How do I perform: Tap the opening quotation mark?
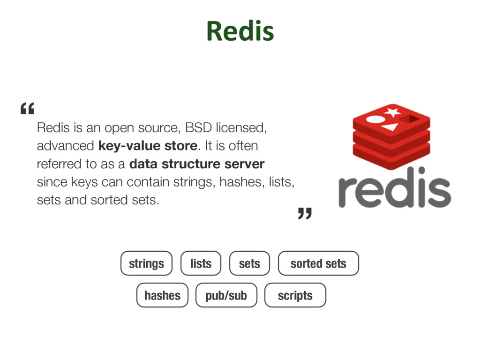point(28,110)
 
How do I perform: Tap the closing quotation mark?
point(305,214)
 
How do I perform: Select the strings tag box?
point(146,263)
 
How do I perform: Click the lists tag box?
point(201,263)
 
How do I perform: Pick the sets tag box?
point(249,263)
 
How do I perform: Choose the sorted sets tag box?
point(318,263)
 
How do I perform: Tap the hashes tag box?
point(162,295)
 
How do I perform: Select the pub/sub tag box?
point(226,295)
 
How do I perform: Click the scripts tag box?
point(295,295)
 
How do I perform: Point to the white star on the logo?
point(392,112)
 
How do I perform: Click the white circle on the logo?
point(375,119)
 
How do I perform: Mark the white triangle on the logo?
point(390,127)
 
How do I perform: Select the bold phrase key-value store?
point(148,146)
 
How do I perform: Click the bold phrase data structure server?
point(197,164)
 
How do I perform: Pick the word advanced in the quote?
point(65,146)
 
